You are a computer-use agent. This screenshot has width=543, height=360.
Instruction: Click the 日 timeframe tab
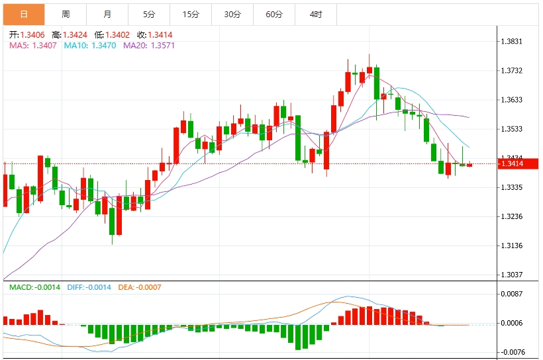point(24,14)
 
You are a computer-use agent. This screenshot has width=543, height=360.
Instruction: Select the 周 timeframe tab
point(66,14)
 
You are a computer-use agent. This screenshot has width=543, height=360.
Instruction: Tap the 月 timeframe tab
point(107,14)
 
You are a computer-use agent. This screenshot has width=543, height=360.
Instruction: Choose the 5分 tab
point(149,14)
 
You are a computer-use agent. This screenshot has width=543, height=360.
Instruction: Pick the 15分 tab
point(191,14)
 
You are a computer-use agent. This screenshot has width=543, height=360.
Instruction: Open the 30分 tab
point(232,14)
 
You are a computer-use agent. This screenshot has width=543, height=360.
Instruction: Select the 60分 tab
point(274,14)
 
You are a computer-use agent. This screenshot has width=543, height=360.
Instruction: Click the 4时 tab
point(316,14)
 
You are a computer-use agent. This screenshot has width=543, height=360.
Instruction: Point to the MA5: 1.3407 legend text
point(33,45)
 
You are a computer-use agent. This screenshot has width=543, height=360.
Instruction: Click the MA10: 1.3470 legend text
point(89,45)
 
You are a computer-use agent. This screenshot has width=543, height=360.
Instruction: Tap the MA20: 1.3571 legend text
point(149,45)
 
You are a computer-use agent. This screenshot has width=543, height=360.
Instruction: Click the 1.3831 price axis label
point(512,42)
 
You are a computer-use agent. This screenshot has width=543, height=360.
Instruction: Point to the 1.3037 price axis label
point(512,275)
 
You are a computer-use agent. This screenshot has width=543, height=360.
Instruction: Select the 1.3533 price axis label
point(512,129)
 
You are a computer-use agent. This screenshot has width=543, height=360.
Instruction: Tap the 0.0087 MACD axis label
point(512,294)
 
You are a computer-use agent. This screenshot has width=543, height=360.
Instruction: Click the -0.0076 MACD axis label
point(512,352)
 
